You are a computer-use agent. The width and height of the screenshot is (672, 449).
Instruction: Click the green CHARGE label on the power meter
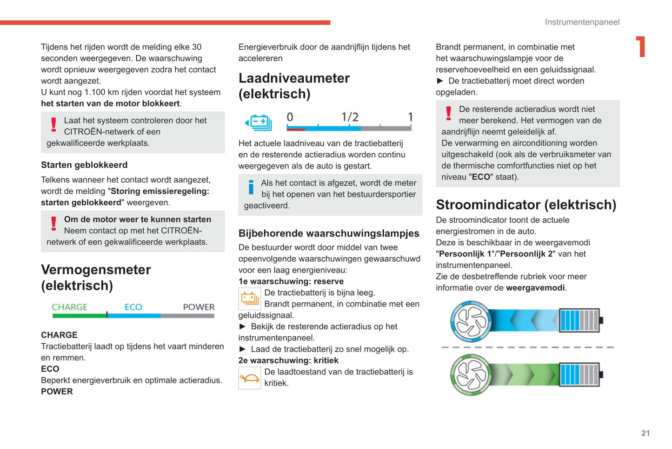(69, 307)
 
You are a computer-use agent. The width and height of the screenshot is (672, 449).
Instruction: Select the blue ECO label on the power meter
(133, 307)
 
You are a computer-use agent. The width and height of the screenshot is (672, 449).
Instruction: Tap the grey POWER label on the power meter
(199, 307)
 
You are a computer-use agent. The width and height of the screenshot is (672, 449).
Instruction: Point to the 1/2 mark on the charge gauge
(350, 117)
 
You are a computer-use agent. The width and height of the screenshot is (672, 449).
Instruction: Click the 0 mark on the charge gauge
(290, 117)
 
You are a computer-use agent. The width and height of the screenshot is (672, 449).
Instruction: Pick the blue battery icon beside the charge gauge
(259, 122)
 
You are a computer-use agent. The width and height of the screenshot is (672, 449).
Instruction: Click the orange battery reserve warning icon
(250, 299)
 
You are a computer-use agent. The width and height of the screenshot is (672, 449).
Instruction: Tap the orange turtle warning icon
(250, 378)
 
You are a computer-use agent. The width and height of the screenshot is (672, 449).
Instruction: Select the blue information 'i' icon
(251, 187)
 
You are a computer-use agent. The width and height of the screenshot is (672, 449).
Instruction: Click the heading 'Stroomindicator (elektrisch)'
(526, 204)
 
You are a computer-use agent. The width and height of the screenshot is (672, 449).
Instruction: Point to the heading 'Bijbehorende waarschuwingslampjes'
(329, 233)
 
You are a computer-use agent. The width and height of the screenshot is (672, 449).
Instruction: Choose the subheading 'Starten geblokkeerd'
(84, 165)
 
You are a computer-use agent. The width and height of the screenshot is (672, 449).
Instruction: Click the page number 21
(645, 433)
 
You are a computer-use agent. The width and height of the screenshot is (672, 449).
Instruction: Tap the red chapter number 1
(641, 47)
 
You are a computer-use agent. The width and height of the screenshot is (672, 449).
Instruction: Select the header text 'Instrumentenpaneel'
(582, 22)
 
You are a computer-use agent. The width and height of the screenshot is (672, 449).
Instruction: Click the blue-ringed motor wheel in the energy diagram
(471, 321)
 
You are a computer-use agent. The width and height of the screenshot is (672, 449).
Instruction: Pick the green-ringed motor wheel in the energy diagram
(471, 375)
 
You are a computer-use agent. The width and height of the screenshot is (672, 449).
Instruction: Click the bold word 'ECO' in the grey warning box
(481, 177)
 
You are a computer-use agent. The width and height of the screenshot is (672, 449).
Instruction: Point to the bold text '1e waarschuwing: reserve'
(291, 281)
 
